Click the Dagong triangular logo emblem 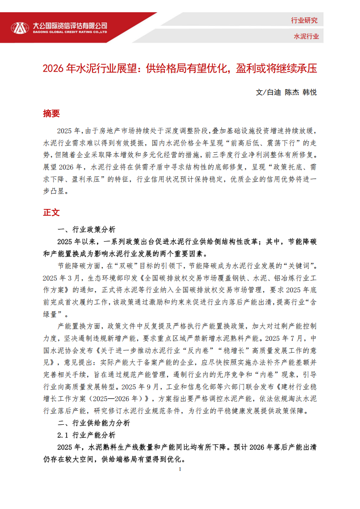pos(19,28)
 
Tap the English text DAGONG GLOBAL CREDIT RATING pos(70,32)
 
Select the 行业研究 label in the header pos(304,20)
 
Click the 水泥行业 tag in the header pos(306,36)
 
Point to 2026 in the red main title pos(54,68)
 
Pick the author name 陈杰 pos(291,92)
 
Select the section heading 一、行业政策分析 pos(87,229)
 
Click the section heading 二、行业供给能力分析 pos(94,423)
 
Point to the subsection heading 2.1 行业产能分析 pos(87,435)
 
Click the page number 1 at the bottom pos(180,469)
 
